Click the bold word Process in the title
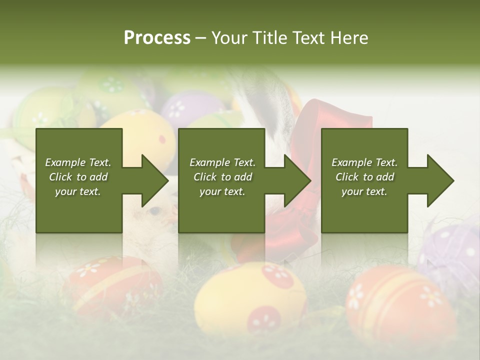(x=157, y=38)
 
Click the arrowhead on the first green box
(x=155, y=180)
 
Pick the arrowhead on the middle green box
(x=297, y=180)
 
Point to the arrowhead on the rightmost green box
(x=440, y=180)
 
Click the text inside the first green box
(x=78, y=177)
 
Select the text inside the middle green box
(x=222, y=177)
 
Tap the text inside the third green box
(x=364, y=177)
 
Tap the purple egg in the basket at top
(x=190, y=107)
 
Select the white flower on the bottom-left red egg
(x=89, y=269)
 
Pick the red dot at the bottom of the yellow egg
(x=264, y=318)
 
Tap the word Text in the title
(x=310, y=38)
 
